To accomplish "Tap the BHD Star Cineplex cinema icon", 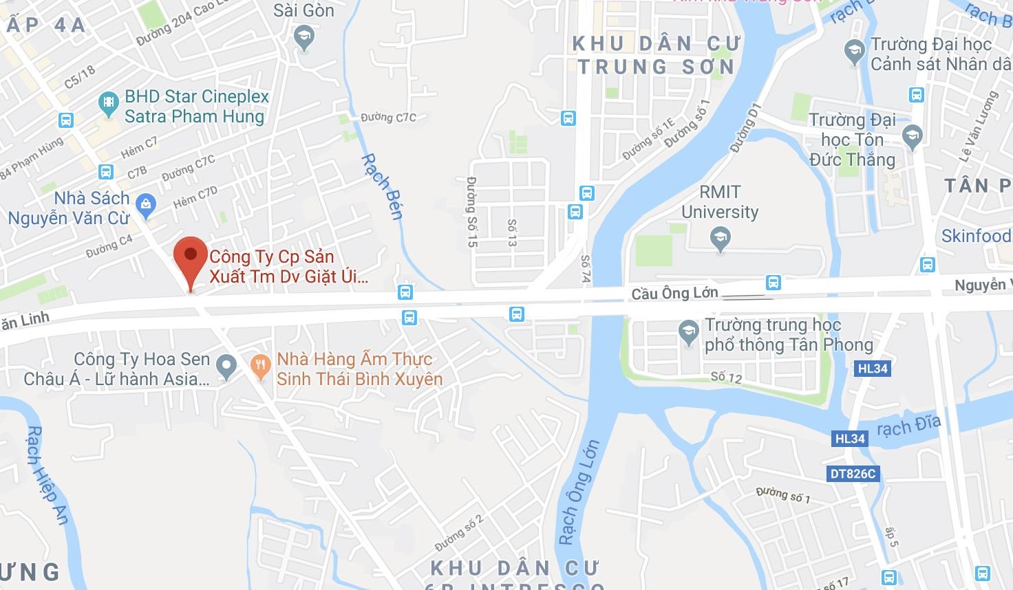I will [x=108, y=105].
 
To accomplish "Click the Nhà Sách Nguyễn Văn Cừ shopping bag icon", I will [x=145, y=204].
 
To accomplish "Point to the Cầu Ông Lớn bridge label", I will [x=674, y=294].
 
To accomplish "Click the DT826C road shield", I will [x=852, y=474].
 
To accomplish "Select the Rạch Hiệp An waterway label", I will [x=47, y=474].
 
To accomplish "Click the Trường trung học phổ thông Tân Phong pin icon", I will [x=688, y=334].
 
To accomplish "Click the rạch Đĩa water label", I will [x=908, y=428].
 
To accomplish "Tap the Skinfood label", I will [x=976, y=236].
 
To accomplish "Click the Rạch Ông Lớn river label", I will [x=579, y=492].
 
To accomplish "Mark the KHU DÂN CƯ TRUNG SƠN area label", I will [x=655, y=55].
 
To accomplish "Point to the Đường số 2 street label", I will [x=459, y=533].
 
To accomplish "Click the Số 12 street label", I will [x=726, y=377].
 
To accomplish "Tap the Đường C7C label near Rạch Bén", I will [x=388, y=118].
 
